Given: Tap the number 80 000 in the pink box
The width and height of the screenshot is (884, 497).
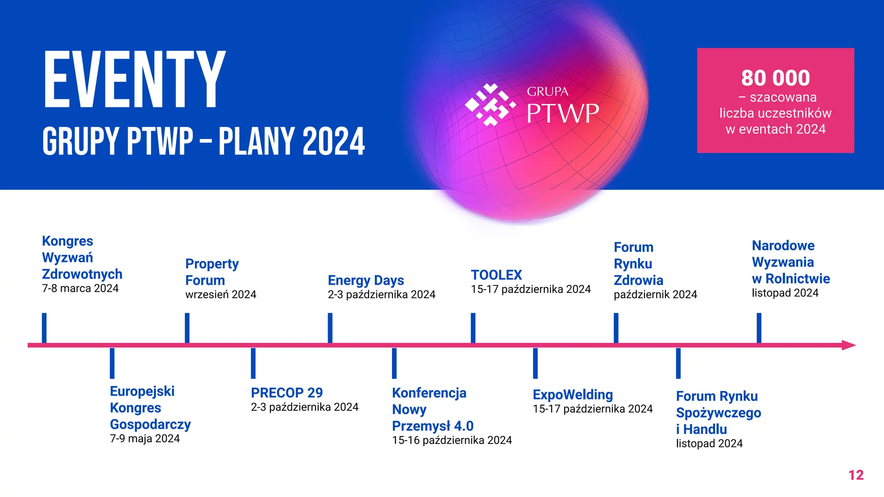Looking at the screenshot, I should [x=775, y=78].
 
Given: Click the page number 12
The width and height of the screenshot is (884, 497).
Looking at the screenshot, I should [x=856, y=475].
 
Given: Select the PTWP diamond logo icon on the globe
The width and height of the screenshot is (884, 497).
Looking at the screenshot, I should [x=490, y=105].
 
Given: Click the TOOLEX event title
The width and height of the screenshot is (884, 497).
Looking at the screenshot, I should [x=496, y=275].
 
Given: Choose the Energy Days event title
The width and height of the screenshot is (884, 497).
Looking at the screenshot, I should [x=366, y=280].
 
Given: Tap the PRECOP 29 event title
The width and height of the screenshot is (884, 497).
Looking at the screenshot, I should [x=287, y=393].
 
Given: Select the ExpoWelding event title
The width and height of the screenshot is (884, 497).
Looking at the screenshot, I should [x=572, y=394].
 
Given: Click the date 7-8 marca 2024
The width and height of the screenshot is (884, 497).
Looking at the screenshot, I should [x=80, y=289].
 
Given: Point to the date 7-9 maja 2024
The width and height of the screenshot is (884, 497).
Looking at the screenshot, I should [x=145, y=439].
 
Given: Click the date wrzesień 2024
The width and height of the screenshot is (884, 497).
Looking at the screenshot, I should [x=221, y=295].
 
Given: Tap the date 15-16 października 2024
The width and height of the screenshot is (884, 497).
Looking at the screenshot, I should [x=451, y=440].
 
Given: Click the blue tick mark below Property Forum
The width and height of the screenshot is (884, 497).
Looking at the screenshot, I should [x=187, y=328].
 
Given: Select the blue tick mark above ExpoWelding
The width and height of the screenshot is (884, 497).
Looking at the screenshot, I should [x=535, y=363].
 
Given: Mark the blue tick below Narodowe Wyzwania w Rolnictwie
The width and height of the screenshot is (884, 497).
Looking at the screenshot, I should [x=759, y=328].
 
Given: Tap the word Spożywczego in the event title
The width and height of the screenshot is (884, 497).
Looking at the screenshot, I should [x=718, y=413].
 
